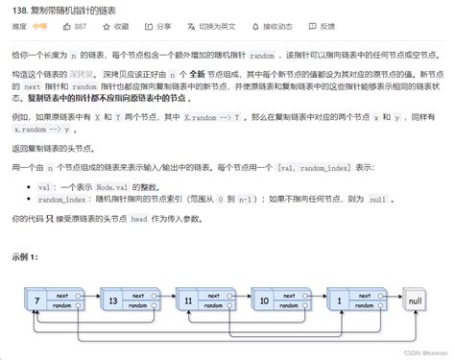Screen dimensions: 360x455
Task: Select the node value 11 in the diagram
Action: [x=187, y=301]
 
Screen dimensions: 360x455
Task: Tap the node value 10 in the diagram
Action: [x=265, y=301]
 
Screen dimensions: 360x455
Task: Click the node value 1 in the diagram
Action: [x=341, y=301]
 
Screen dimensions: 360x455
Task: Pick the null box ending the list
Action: [x=415, y=301]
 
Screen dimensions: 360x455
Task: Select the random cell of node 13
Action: [x=138, y=308]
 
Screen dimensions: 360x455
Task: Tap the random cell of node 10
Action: [x=291, y=308]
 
